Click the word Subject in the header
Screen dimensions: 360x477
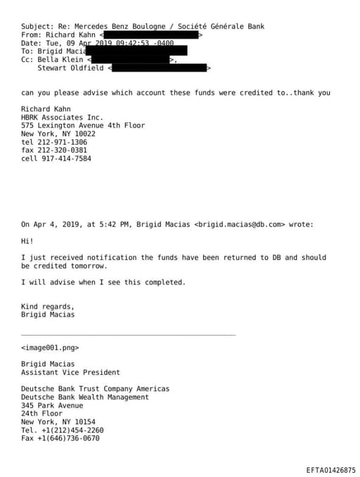coord(36,27)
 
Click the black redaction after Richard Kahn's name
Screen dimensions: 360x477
coord(152,34)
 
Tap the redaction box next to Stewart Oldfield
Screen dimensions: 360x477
coord(159,68)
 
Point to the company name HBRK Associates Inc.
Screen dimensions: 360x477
coord(62,117)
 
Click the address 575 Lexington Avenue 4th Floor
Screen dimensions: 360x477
coord(83,125)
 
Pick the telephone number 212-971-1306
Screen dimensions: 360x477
coord(63,142)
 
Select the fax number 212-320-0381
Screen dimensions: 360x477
coord(63,150)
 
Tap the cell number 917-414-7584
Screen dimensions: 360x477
coord(65,158)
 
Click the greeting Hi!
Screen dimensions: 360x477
coord(27,241)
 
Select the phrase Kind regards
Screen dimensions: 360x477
coord(47,307)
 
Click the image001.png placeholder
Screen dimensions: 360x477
coord(50,348)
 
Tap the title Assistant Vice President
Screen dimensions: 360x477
coord(70,372)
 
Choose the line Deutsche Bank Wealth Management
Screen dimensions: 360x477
coord(85,397)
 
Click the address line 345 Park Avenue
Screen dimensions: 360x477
coord(52,405)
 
